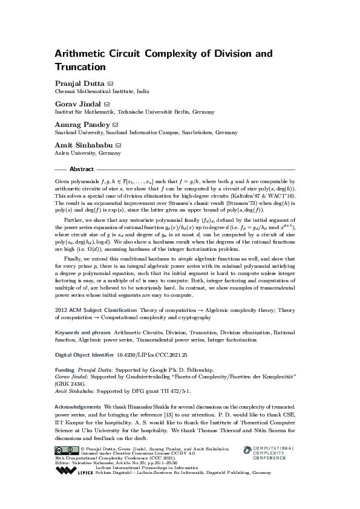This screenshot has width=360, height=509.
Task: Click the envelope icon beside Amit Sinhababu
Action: (119, 145)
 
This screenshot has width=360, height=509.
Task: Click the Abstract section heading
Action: (82, 169)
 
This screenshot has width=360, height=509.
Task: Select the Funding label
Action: (65, 368)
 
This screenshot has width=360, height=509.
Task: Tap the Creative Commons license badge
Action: (65, 450)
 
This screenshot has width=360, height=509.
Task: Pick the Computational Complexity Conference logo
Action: (269, 453)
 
